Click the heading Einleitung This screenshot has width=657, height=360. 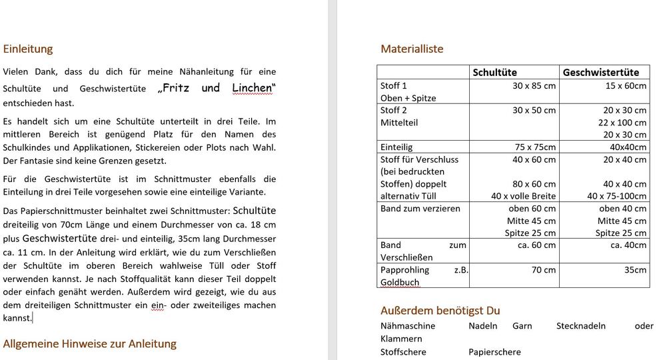tap(28, 49)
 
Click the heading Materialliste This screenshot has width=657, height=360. tap(411, 49)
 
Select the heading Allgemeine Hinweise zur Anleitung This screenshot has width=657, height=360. tap(90, 343)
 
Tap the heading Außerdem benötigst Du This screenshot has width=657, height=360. tap(440, 310)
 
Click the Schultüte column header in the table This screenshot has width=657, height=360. tap(494, 72)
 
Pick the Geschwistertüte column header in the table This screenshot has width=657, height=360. tap(601, 72)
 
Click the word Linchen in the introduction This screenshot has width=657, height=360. tap(253, 88)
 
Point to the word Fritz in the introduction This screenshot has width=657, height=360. tap(179, 88)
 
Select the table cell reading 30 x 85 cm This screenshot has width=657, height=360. tap(534, 85)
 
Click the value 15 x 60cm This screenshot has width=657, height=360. tap(626, 85)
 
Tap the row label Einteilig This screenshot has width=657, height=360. tap(396, 147)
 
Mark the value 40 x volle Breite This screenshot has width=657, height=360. tap(524, 195)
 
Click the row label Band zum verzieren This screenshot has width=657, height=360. tap(420, 208)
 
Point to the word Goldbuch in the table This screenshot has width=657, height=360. tap(400, 282)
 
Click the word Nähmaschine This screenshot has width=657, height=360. tap(408, 326)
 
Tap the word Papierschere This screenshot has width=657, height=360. tap(494, 351)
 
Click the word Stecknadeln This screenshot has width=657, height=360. tap(581, 326)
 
